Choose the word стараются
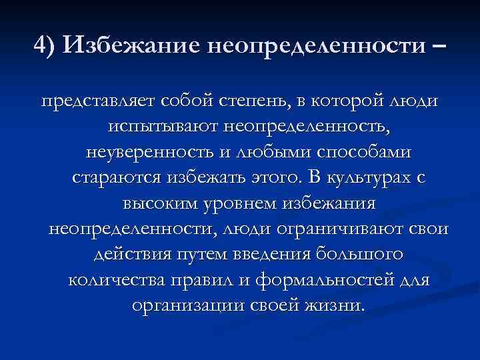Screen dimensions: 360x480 coord(112,179)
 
